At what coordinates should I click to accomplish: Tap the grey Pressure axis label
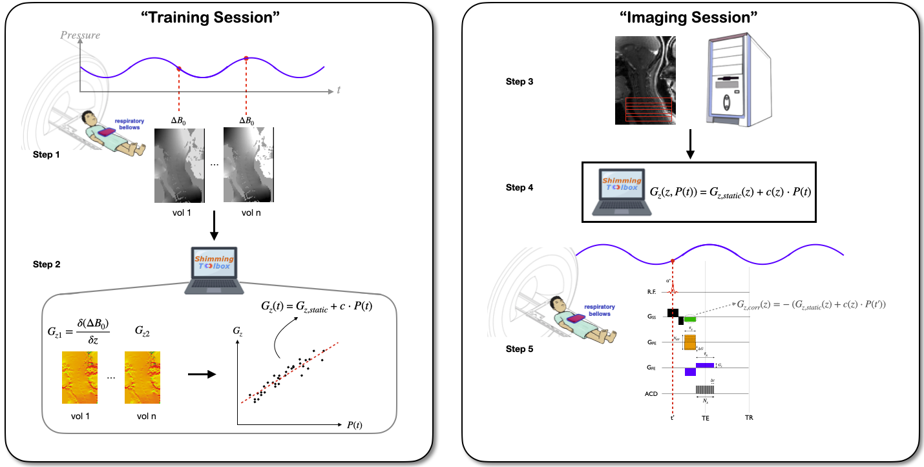pyautogui.click(x=81, y=35)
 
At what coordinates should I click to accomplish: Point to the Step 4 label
pyautogui.click(x=521, y=187)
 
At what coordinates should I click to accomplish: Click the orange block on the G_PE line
pyautogui.click(x=690, y=342)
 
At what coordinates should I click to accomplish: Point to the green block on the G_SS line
pyautogui.click(x=690, y=319)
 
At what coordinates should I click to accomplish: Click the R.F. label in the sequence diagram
pyautogui.click(x=652, y=293)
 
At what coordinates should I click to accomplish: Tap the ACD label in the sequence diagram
pyautogui.click(x=651, y=393)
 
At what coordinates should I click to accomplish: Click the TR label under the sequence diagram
pyautogui.click(x=748, y=418)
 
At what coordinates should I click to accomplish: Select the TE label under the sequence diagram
pyautogui.click(x=706, y=418)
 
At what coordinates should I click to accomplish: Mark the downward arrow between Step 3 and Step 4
pyautogui.click(x=690, y=145)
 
